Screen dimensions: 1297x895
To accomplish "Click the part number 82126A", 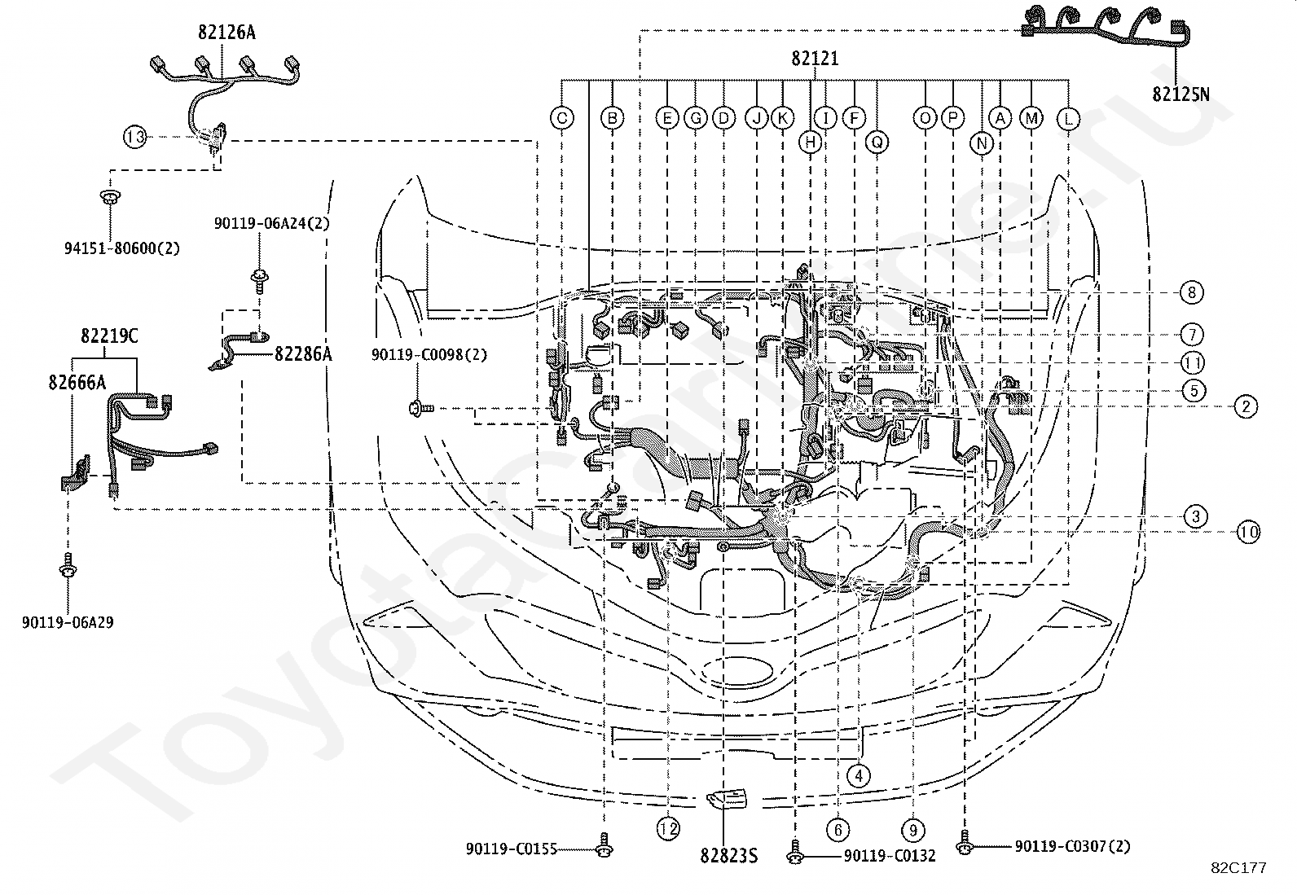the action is pos(226,33).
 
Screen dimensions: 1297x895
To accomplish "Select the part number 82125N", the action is pos(1180,94).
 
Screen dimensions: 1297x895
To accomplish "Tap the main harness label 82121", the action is pos(815,59).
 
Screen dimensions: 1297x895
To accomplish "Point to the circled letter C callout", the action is pos(561,119).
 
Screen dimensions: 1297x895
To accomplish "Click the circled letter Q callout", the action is pos(877,142).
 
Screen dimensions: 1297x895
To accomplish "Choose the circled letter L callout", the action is pos(1068,119).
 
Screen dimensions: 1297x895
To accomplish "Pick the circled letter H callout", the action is pos(810,142).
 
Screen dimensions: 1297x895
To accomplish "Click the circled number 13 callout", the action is pos(135,137).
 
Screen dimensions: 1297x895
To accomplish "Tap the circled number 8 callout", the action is pos(1192,292).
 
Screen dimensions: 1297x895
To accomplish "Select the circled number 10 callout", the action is pos(1248,532).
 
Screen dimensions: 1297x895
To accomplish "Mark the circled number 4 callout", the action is pos(858,775).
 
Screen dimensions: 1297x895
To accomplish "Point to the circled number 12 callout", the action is pos(668,829).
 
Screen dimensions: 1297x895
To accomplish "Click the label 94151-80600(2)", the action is pos(122,248).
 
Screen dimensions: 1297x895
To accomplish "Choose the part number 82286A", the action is pos(303,353).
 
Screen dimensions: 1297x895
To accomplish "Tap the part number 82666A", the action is pos(77,383).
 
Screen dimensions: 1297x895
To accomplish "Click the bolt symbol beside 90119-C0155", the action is pos(605,845).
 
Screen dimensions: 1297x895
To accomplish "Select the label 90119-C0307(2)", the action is pos(1072,846).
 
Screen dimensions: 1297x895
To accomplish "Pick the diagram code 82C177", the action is pos(1238,868).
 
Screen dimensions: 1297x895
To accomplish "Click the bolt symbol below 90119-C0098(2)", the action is pos(421,409).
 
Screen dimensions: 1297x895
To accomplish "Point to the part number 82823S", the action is pos(728,856).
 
